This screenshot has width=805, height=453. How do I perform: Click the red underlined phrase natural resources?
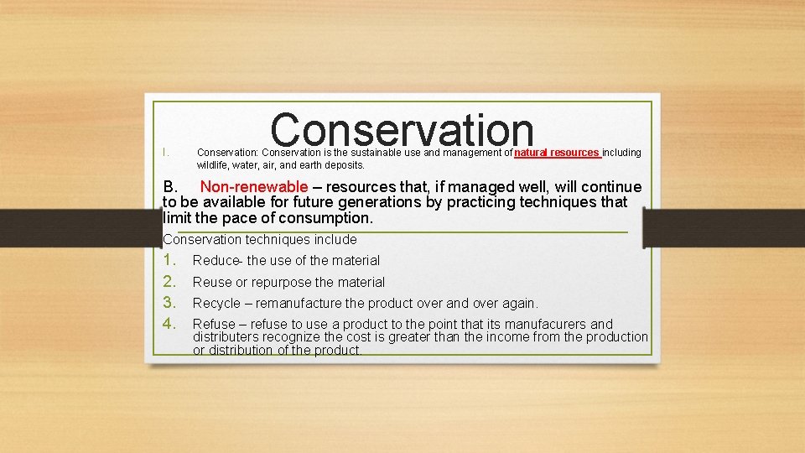coord(557,153)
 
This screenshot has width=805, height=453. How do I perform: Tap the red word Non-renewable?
coord(253,187)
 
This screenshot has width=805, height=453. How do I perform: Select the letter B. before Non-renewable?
coord(172,187)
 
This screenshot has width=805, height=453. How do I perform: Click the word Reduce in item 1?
coord(216,261)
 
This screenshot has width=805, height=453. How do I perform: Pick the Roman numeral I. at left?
coord(166,153)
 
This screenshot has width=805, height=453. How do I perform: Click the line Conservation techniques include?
coord(260,239)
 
